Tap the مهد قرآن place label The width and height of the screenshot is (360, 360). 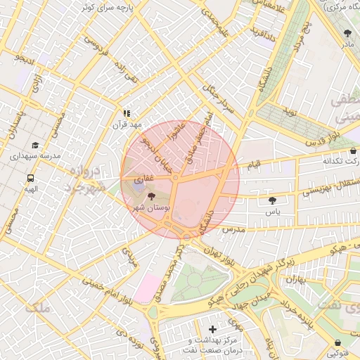click(127, 124)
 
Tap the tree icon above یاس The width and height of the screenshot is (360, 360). click(272, 200)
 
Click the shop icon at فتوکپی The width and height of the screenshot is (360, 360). click(338, 343)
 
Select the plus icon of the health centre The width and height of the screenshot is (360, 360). click(212, 329)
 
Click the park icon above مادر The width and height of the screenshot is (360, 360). click(347, 33)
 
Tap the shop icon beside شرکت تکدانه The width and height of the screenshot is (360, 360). click(353, 150)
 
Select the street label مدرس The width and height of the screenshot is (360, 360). click(233, 230)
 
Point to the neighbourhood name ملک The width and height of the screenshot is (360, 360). click(37, 307)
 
